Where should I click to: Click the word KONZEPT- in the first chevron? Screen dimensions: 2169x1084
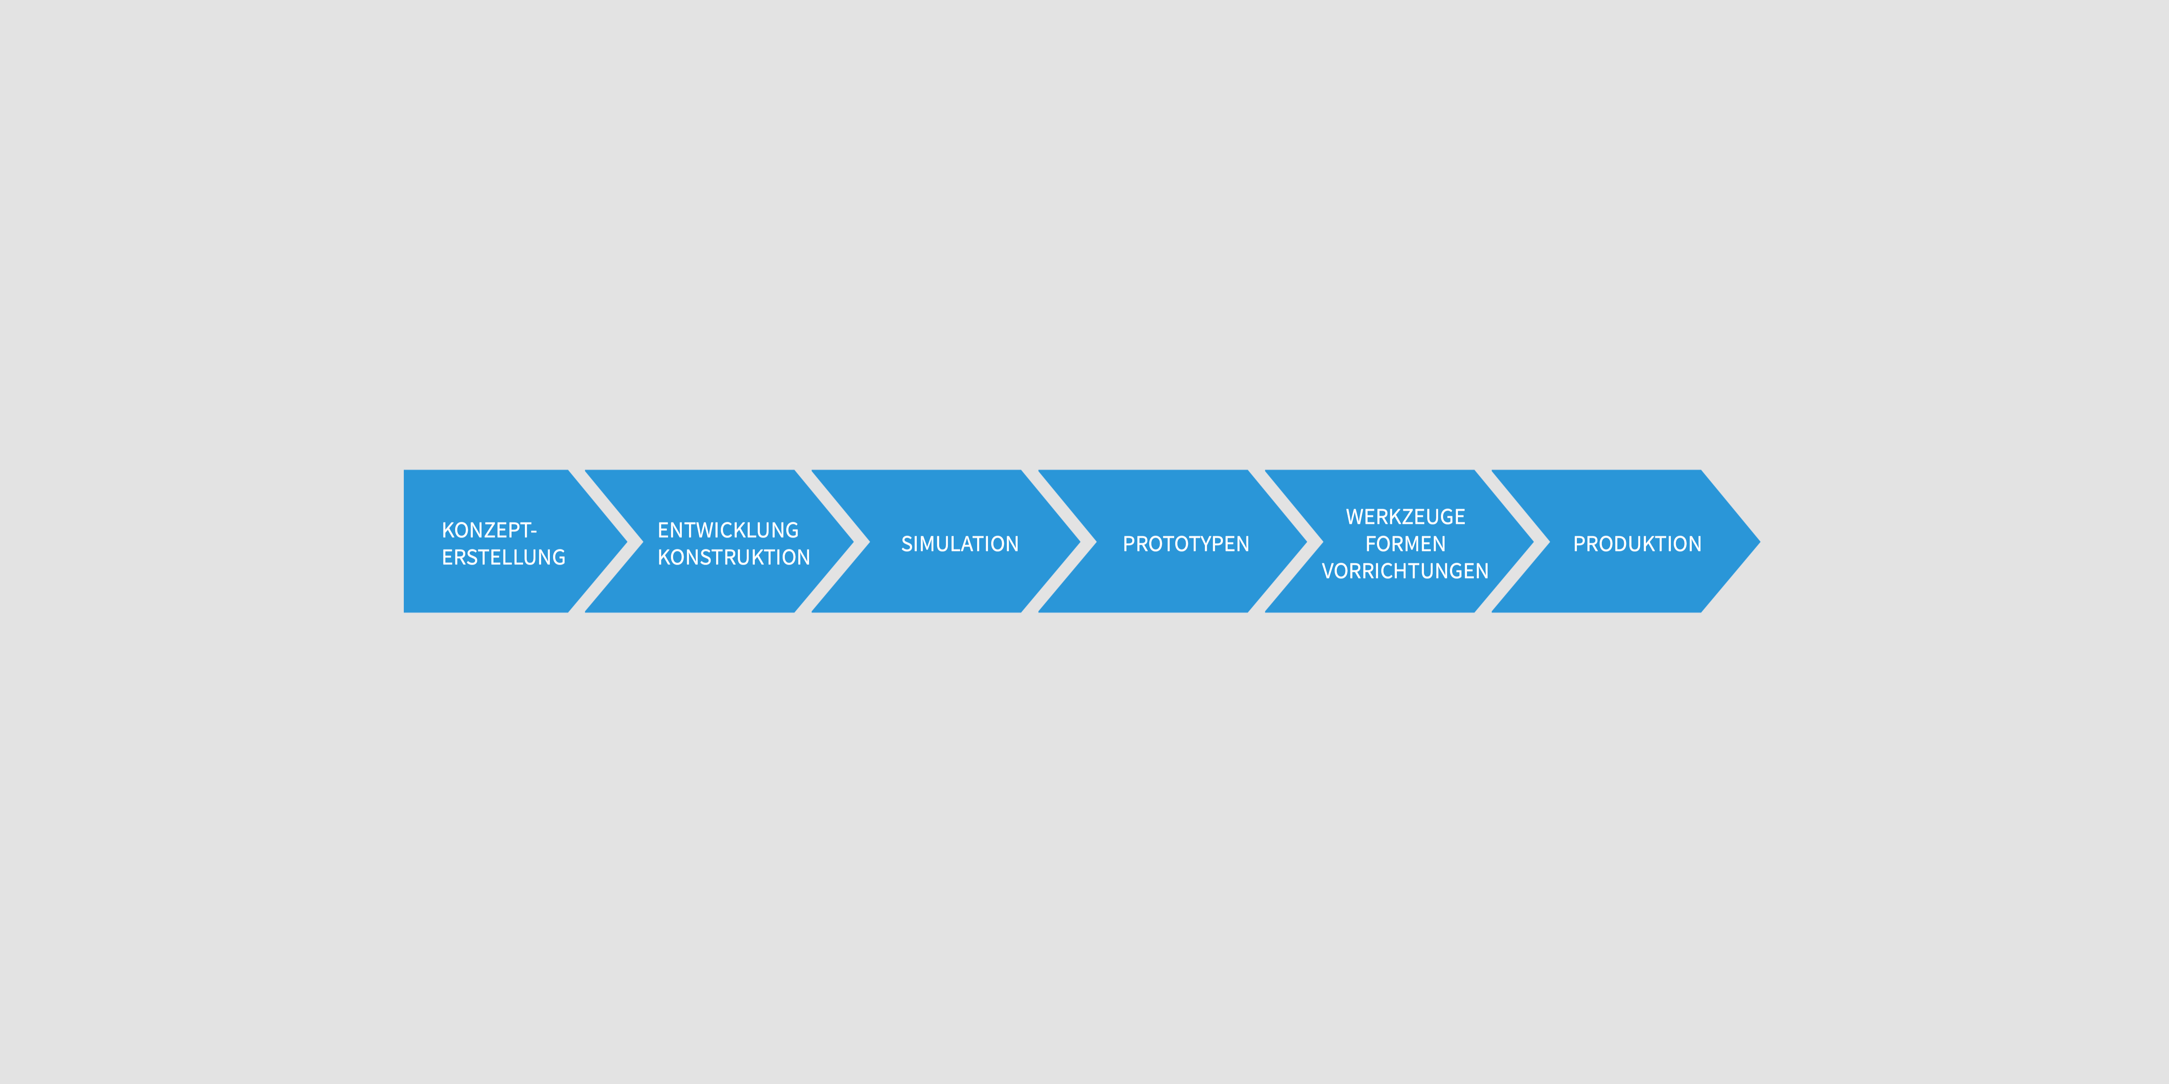[x=489, y=530]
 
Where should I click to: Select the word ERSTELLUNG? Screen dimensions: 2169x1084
[x=504, y=557]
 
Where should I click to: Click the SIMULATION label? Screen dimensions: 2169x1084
[x=960, y=544]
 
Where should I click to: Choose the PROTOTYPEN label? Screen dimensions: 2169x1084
[x=1186, y=544]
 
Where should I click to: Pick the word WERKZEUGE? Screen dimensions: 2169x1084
[x=1405, y=517]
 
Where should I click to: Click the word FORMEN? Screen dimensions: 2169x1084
[x=1405, y=544]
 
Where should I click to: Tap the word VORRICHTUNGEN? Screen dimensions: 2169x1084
[x=1405, y=571]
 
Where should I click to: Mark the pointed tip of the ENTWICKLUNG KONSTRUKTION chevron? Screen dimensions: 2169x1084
[x=853, y=541]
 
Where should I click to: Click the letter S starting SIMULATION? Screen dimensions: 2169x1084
[x=907, y=544]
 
